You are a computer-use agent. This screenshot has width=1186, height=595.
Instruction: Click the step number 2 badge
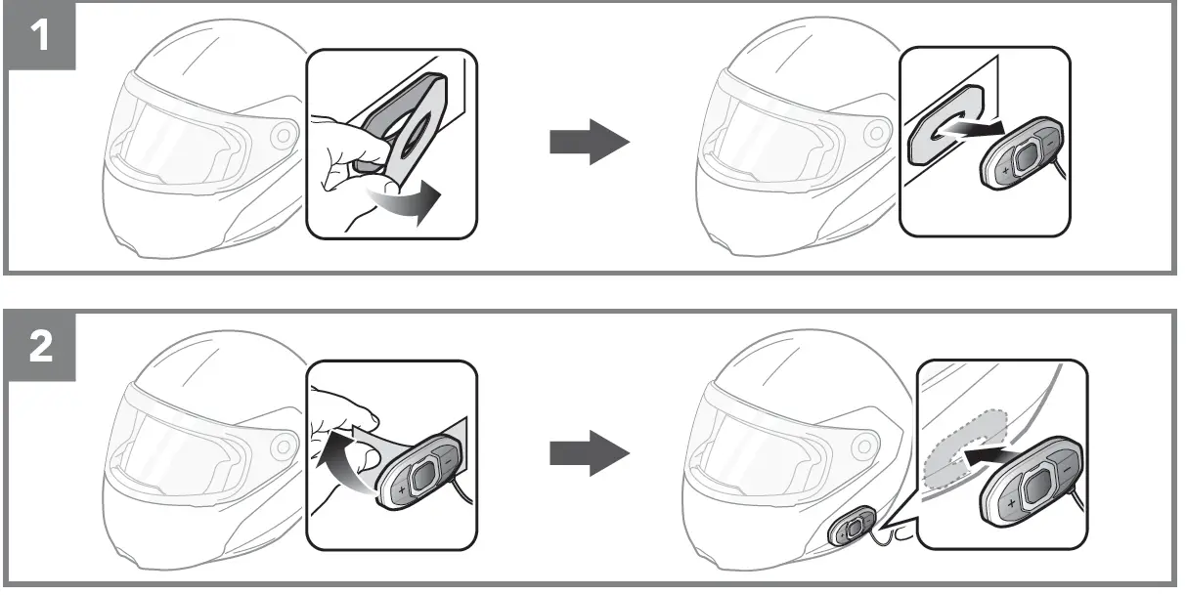[x=40, y=348]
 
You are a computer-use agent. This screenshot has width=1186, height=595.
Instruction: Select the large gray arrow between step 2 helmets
[x=589, y=451]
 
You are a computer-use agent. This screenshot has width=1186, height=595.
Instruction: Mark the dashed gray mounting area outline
[x=963, y=446]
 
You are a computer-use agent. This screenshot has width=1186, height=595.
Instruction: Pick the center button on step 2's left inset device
[x=421, y=475]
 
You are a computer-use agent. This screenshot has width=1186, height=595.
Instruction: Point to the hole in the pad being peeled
[x=416, y=134]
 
